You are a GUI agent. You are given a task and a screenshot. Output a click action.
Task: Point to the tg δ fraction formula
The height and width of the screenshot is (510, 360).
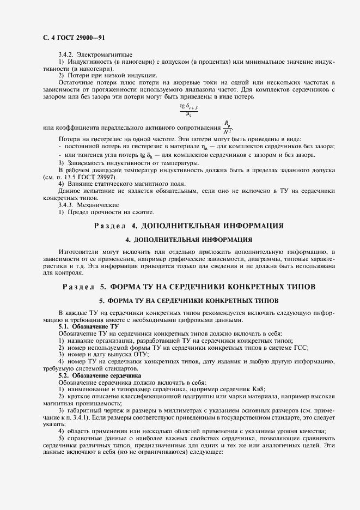pyautogui.click(x=188, y=111)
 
